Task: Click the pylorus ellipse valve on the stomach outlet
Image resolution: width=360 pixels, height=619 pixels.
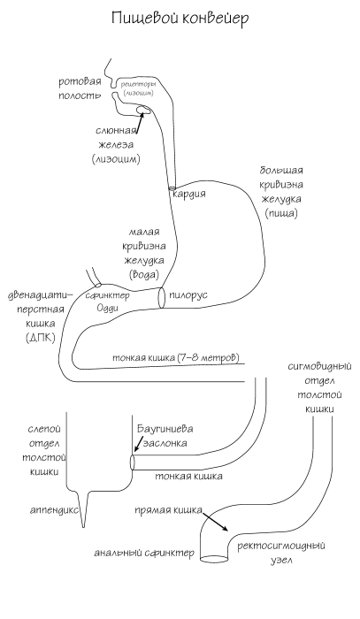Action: click(162, 297)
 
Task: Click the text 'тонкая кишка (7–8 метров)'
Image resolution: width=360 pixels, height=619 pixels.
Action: click(177, 359)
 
